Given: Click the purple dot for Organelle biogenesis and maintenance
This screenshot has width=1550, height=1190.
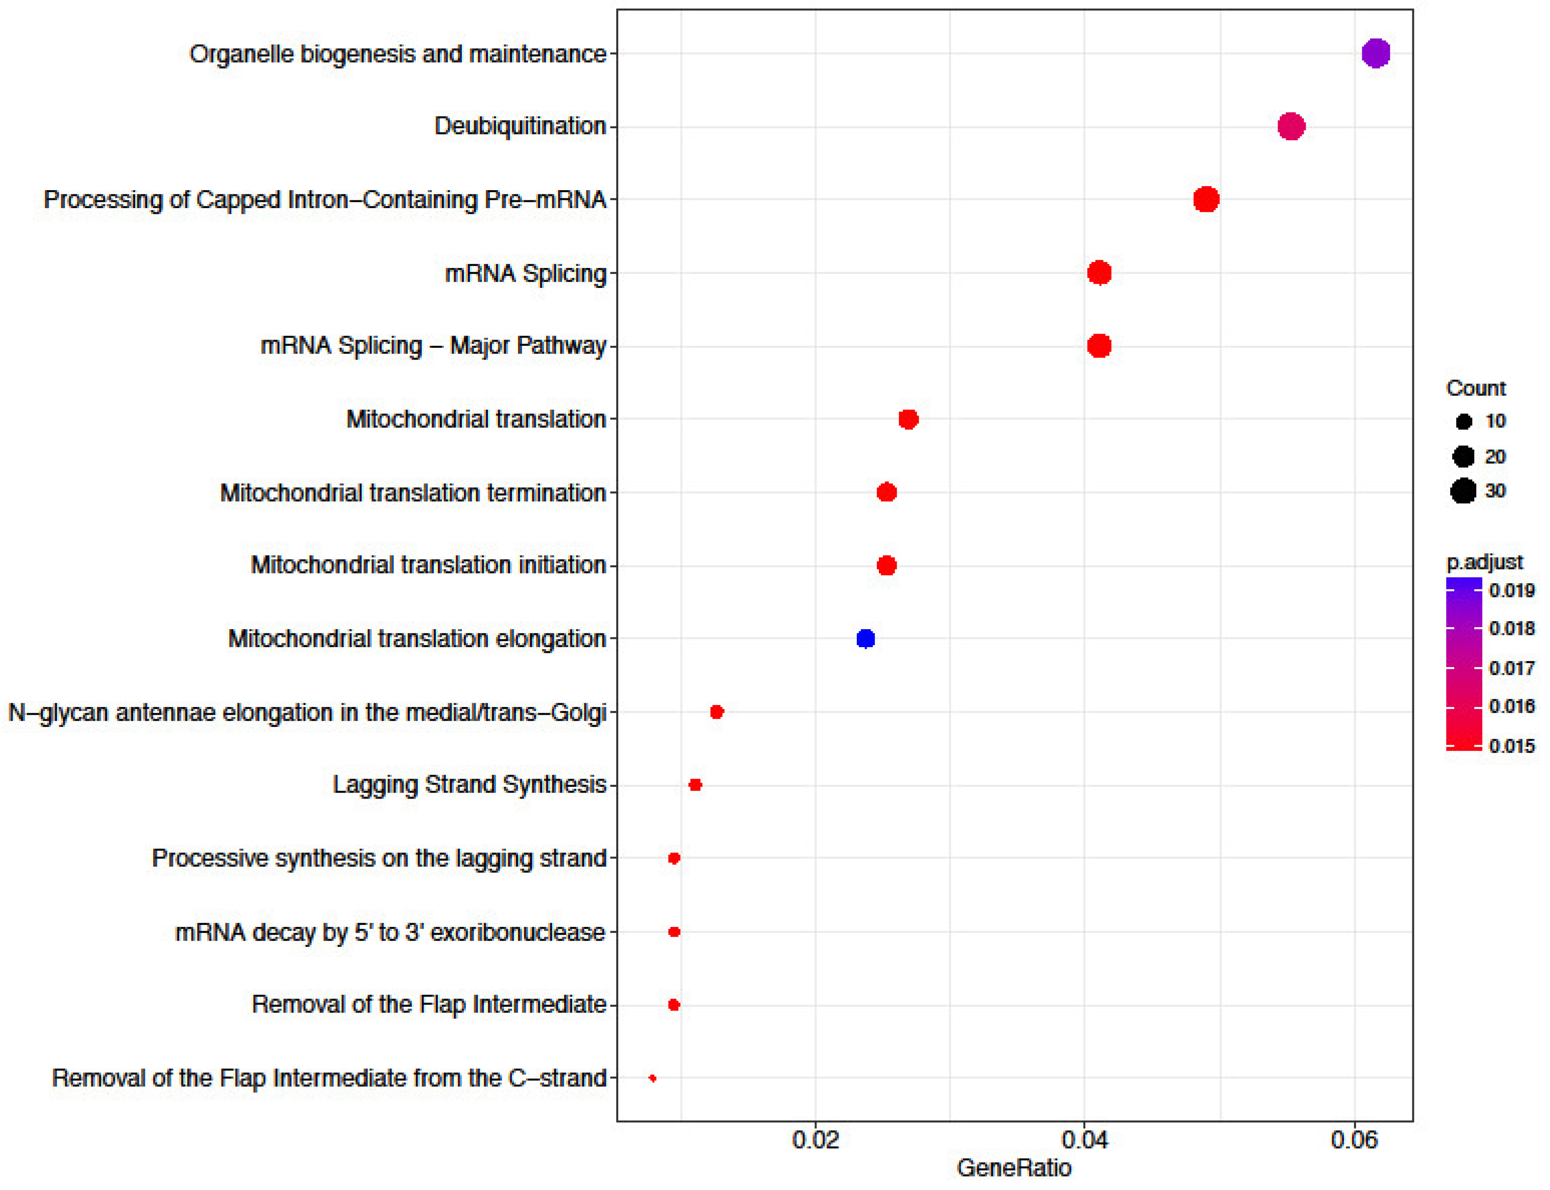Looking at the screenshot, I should click(1375, 53).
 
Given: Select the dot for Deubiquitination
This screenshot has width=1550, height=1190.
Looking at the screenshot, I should click(1291, 127).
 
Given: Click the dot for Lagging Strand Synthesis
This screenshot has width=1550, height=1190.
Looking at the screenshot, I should click(695, 785).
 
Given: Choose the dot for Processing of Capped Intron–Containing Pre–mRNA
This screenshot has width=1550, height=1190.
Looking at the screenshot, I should click(1206, 200).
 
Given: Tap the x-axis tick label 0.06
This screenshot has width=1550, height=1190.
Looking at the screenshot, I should click(1354, 1140).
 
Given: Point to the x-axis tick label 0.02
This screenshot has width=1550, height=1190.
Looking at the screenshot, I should click(815, 1140).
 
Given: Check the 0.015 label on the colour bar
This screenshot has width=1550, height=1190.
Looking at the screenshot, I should click(1512, 746).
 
